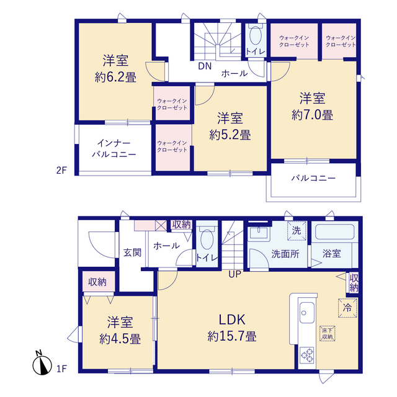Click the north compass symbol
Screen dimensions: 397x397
[x=42, y=364]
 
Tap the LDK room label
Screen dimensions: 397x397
[x=232, y=320]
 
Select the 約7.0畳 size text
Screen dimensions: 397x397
[x=312, y=115]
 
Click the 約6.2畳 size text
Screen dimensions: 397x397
[x=115, y=77]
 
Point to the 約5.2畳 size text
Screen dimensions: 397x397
[x=230, y=135]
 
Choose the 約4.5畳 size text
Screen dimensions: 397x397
[x=120, y=339]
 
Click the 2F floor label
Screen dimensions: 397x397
[x=61, y=171]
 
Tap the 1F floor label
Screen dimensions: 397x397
[x=61, y=369]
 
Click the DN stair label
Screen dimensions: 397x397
[x=205, y=66]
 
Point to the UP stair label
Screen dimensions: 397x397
[x=234, y=274]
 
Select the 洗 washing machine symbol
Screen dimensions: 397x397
[x=297, y=231]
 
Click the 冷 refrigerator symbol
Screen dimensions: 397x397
[x=347, y=308]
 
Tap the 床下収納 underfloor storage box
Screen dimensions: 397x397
[x=328, y=334]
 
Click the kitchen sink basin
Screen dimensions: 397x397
[x=307, y=313]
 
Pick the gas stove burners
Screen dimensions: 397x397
[x=307, y=355]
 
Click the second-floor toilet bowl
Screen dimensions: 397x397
[x=255, y=35]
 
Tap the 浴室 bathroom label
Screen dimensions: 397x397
[x=332, y=254]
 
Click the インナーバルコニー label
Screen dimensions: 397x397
[x=114, y=149]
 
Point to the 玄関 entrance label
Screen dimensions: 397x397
[x=132, y=252]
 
